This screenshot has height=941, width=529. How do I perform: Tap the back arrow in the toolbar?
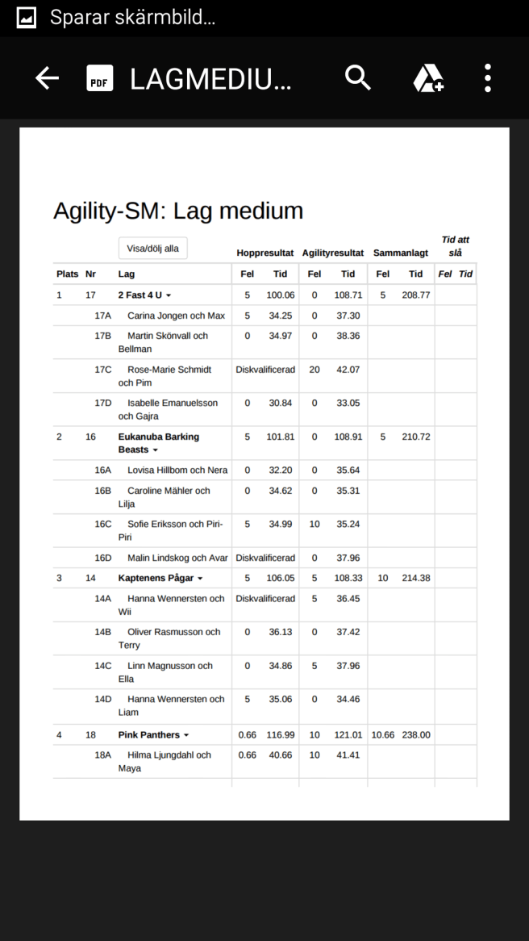48,78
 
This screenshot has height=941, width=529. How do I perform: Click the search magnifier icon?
358,78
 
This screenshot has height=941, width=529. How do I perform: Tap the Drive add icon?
428,78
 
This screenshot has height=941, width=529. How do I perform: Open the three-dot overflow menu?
488,78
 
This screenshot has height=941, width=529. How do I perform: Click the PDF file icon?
100,78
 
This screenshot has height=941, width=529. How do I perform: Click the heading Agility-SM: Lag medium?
178,211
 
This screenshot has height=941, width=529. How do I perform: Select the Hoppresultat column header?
264,253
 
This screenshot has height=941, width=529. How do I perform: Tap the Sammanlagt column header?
401,253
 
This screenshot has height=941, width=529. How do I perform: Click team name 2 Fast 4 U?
140,295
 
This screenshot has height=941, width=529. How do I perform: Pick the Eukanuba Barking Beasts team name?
158,443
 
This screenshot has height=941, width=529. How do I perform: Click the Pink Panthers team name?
149,735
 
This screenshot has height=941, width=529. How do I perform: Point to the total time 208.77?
416,295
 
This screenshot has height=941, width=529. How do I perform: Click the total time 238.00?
416,735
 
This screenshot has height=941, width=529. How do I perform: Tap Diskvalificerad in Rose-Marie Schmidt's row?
265,370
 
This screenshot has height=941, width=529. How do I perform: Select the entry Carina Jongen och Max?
176,316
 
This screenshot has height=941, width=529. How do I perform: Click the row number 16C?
103,524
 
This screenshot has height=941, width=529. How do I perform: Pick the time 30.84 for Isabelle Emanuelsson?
281,403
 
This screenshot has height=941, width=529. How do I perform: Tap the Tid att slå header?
455,246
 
